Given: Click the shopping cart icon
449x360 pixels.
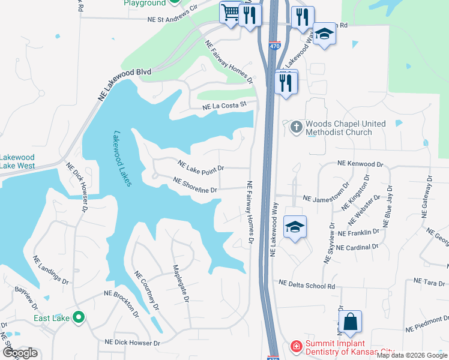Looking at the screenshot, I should click(x=231, y=13).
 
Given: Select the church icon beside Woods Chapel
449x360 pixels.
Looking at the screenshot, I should click(x=296, y=127).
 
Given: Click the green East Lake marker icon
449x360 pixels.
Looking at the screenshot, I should click(x=78, y=317).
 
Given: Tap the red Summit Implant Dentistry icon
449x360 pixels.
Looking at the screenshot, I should click(x=296, y=346).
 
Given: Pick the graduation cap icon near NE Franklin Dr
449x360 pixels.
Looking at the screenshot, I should click(x=295, y=227).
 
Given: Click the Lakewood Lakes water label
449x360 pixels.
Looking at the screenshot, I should click(x=122, y=159).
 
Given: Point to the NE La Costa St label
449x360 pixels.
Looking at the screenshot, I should click(x=225, y=106).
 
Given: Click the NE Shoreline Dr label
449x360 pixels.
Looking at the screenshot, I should click(x=195, y=185).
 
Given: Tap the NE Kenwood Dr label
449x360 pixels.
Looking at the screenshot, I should click(x=360, y=164).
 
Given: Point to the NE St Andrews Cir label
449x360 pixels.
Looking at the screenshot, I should click(x=172, y=19).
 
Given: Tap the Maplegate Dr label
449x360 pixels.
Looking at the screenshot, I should click(x=181, y=283).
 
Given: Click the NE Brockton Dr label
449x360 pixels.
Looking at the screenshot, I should click(x=121, y=304).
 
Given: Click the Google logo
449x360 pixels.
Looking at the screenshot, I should click(x=20, y=353).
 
